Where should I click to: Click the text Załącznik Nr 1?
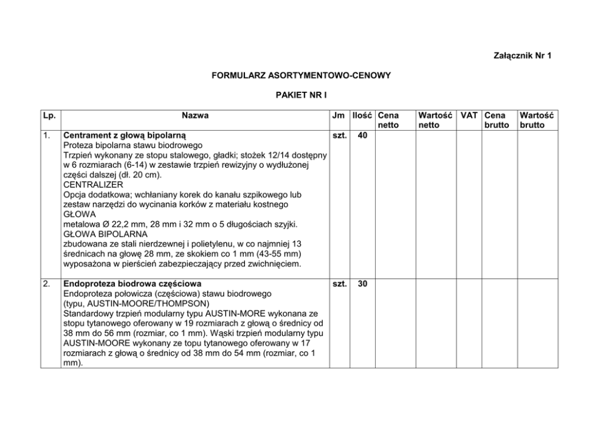click(523, 56)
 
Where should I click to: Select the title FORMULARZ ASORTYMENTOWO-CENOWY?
click(301, 76)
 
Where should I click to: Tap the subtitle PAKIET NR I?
click(301, 95)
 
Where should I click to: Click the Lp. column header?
click(49, 115)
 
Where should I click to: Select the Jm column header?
click(339, 115)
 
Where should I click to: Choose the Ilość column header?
click(362, 115)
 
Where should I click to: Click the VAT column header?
click(468, 115)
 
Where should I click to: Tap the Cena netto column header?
click(388, 120)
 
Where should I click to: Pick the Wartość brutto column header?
click(532, 120)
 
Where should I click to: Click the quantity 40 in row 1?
click(362, 136)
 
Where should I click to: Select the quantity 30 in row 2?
click(362, 284)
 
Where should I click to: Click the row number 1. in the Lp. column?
click(47, 136)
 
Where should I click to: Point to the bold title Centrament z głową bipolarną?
click(125, 136)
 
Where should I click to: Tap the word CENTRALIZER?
click(93, 184)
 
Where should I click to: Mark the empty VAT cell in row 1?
click(468, 201)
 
